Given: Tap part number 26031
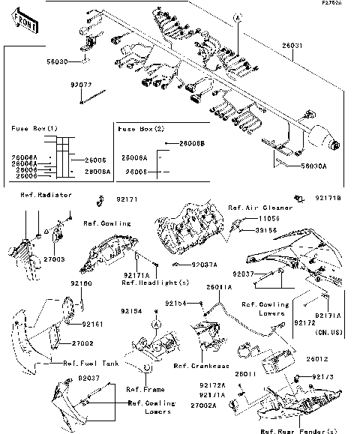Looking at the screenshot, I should (293, 45).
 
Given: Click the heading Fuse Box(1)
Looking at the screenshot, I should (34, 129).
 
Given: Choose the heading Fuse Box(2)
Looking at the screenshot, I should (141, 129).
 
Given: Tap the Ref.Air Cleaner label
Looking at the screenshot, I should (254, 206).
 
